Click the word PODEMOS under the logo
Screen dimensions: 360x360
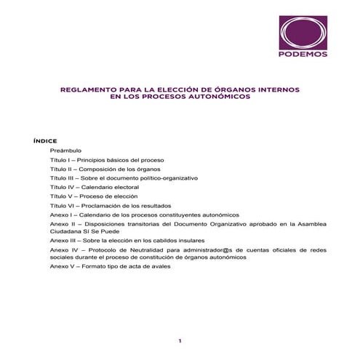coord(303,53)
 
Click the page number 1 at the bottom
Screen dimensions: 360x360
coord(180,340)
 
